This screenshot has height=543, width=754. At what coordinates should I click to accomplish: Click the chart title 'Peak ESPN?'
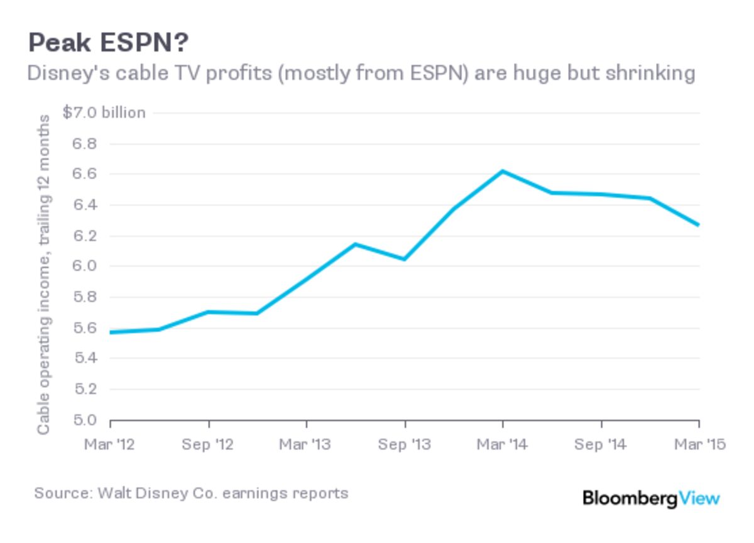click(x=108, y=44)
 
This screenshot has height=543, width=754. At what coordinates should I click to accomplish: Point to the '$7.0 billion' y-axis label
click(x=104, y=112)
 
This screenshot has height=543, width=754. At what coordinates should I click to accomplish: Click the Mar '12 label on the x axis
click(x=110, y=445)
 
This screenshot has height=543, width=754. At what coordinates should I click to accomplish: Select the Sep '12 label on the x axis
click(x=208, y=445)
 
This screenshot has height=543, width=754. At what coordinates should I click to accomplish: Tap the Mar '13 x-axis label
click(x=306, y=445)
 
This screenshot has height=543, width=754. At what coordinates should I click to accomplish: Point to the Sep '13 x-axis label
click(x=405, y=445)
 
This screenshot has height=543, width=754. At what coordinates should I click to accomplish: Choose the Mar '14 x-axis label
click(x=503, y=445)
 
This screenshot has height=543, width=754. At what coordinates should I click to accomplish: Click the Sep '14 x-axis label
click(x=601, y=445)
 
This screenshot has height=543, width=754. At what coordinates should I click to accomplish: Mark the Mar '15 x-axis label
click(x=699, y=445)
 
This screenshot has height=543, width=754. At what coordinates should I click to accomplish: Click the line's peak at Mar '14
click(x=503, y=171)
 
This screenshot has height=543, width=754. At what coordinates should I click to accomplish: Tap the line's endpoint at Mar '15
click(x=698, y=225)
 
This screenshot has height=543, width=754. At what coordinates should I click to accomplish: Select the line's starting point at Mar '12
click(x=111, y=332)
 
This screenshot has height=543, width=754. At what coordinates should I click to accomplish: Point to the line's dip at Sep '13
click(x=405, y=259)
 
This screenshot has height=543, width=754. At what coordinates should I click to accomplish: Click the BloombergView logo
click(x=651, y=498)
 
